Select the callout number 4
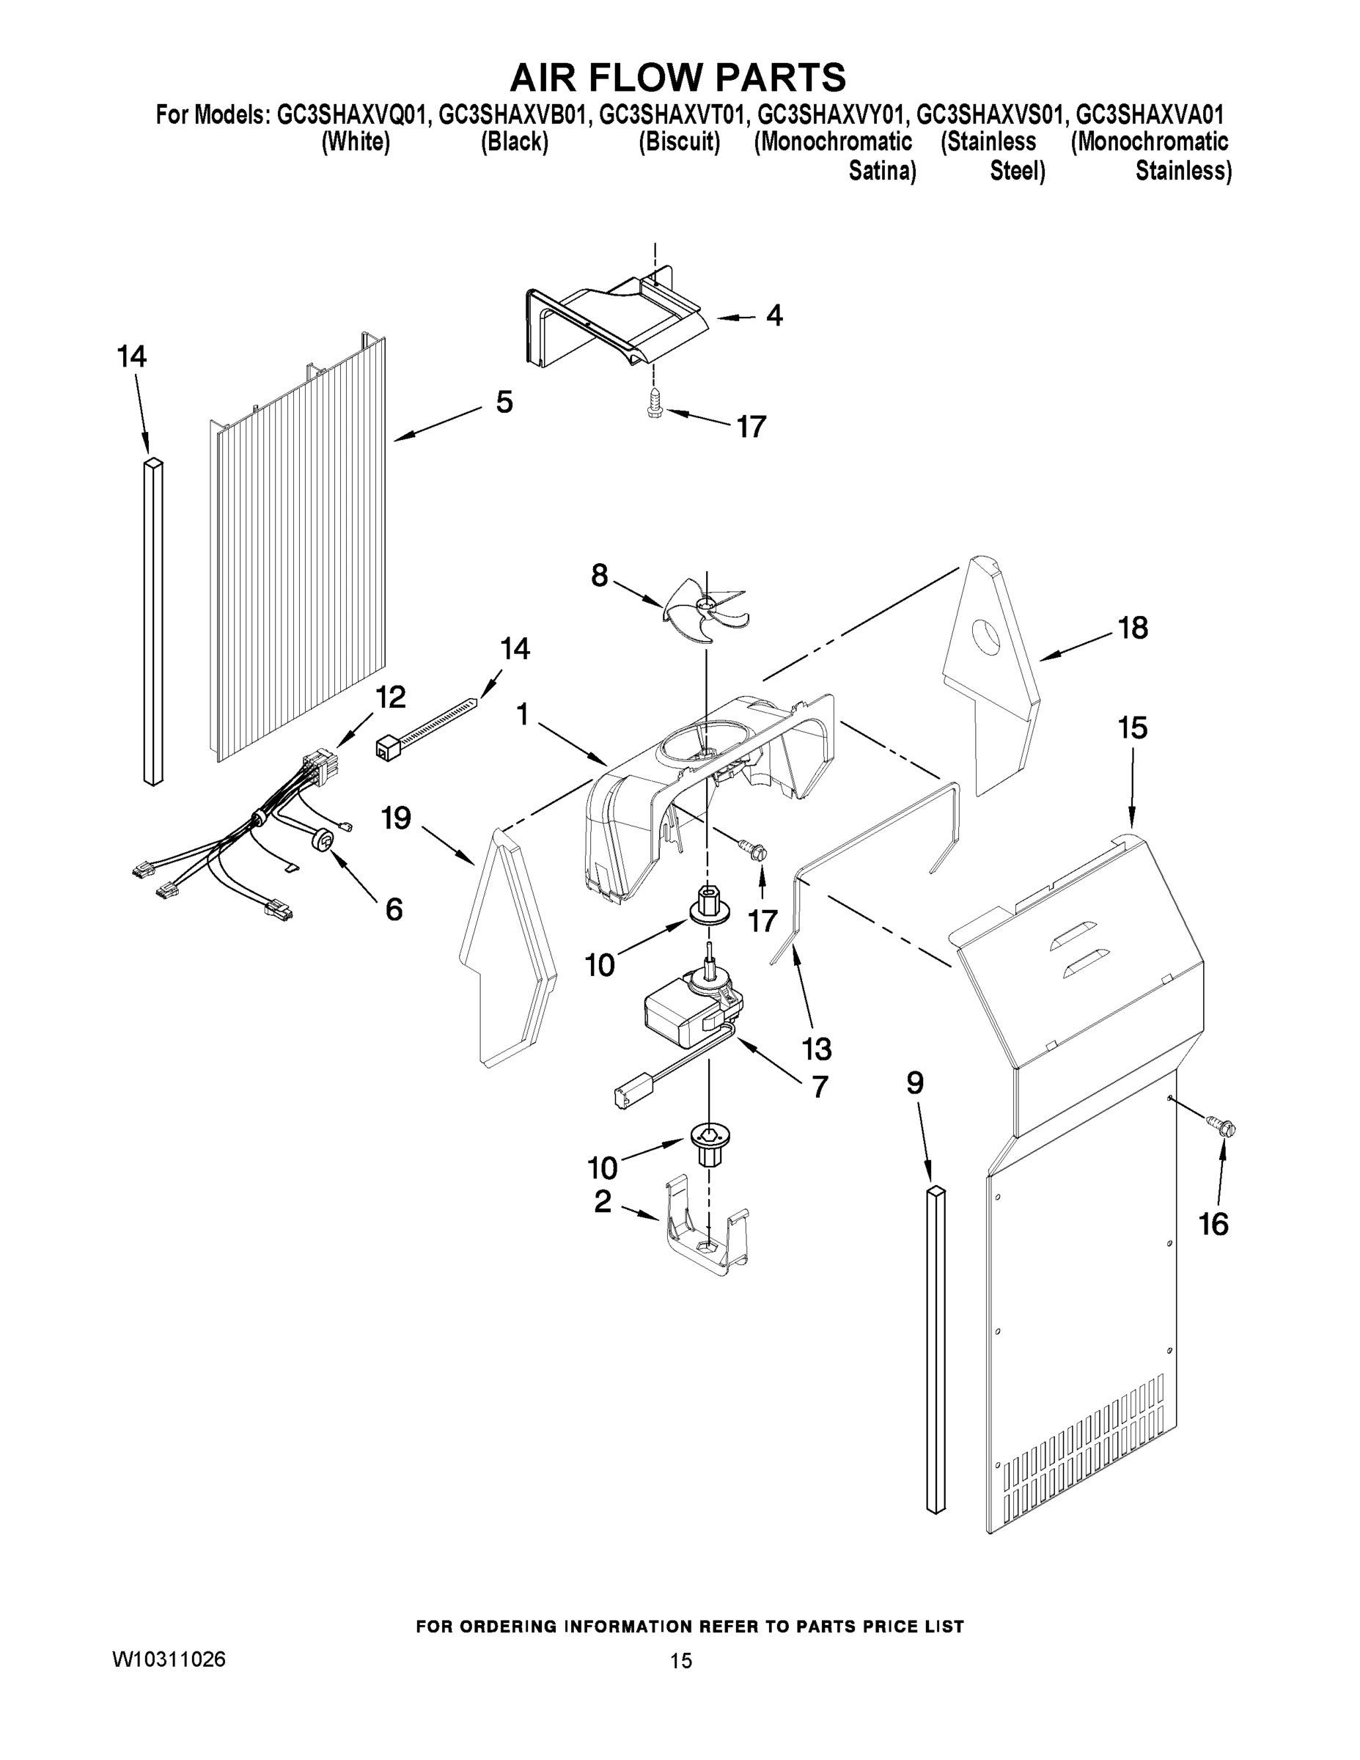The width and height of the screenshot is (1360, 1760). click(773, 315)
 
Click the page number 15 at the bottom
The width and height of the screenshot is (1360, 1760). click(681, 1661)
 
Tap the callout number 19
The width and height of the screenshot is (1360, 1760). click(397, 818)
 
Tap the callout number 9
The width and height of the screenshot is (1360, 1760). click(914, 1083)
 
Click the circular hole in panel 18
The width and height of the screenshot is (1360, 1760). click(986, 638)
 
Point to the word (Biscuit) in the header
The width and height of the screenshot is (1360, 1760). click(679, 142)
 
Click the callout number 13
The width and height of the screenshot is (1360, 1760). click(816, 1049)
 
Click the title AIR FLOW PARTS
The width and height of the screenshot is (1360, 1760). click(678, 76)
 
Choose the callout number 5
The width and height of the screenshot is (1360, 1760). click(504, 401)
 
